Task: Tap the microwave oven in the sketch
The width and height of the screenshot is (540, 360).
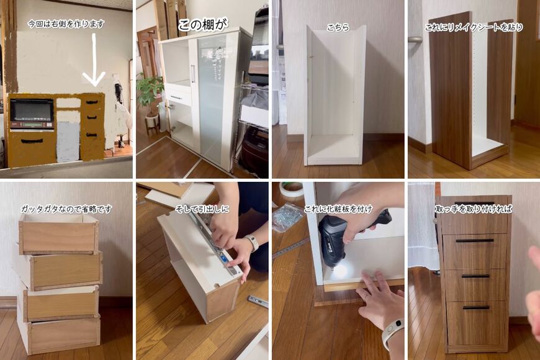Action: tap(32, 114)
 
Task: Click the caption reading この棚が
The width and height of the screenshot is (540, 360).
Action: tap(202, 25)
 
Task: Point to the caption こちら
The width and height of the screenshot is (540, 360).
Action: tap(338, 27)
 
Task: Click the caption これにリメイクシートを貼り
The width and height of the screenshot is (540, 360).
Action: tap(474, 27)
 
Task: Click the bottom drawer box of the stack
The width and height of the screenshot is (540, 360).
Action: tap(59, 335)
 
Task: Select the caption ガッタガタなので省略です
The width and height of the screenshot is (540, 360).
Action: tap(66, 209)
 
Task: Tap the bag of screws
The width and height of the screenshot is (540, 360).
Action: tap(287, 217)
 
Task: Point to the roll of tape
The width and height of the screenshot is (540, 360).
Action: tap(291, 190)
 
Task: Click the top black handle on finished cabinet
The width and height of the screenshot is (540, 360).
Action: tap(475, 240)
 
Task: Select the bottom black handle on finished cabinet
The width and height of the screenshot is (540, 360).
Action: tap(476, 307)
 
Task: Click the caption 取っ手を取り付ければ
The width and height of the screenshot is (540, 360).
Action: tap(474, 209)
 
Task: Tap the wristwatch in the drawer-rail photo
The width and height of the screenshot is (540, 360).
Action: tap(252, 242)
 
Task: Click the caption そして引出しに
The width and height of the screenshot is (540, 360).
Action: tap(202, 209)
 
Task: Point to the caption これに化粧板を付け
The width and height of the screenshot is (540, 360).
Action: tap(338, 209)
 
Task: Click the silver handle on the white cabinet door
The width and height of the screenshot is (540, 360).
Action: tap(193, 74)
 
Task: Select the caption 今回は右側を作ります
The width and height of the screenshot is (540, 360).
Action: tap(66, 24)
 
